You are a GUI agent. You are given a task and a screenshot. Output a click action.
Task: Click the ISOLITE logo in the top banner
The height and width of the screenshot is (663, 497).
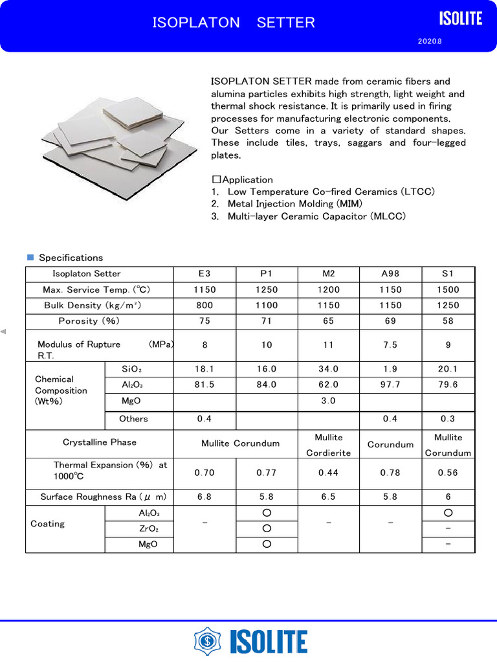click(x=461, y=19)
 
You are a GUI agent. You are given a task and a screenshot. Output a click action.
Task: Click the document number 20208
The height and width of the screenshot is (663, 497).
click(x=430, y=42)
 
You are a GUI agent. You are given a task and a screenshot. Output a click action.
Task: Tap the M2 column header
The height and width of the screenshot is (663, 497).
click(x=328, y=274)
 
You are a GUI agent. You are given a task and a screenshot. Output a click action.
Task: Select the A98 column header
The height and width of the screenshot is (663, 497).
click(x=390, y=274)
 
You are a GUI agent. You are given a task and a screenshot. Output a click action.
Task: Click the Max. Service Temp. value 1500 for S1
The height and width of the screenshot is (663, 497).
click(x=448, y=290)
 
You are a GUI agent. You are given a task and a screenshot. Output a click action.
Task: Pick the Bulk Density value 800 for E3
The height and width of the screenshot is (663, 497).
click(x=204, y=306)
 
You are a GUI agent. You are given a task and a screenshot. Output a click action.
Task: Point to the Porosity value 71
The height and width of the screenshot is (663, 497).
click(x=267, y=321)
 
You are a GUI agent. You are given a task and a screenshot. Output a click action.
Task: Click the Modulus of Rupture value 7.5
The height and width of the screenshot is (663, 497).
click(x=390, y=345)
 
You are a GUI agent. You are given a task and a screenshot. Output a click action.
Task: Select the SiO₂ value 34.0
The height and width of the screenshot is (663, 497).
click(x=328, y=369)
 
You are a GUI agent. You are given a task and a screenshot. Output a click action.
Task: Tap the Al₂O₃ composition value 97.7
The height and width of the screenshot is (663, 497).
click(x=390, y=385)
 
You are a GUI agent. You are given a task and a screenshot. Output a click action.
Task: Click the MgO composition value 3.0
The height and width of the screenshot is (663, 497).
click(x=328, y=401)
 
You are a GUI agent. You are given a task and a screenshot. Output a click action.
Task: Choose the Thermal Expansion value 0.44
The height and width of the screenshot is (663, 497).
click(x=328, y=473)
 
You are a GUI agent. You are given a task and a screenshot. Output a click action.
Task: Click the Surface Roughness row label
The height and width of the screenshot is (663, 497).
click(x=104, y=497)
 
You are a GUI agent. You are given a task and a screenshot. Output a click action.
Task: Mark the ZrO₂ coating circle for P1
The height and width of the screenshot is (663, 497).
click(x=267, y=529)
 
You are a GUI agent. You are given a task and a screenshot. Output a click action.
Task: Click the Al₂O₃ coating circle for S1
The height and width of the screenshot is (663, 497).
click(x=448, y=513)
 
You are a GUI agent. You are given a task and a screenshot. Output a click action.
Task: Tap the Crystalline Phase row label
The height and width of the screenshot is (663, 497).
click(x=100, y=442)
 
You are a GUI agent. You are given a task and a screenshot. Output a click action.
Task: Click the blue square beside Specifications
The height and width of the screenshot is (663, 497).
click(x=30, y=258)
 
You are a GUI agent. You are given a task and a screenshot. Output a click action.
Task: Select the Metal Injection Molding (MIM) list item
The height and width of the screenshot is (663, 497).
click(x=287, y=204)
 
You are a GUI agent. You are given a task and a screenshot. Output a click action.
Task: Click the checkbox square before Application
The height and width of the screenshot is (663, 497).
click(x=216, y=180)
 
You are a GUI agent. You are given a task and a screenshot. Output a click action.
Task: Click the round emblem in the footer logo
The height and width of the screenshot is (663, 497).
click(x=206, y=641)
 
